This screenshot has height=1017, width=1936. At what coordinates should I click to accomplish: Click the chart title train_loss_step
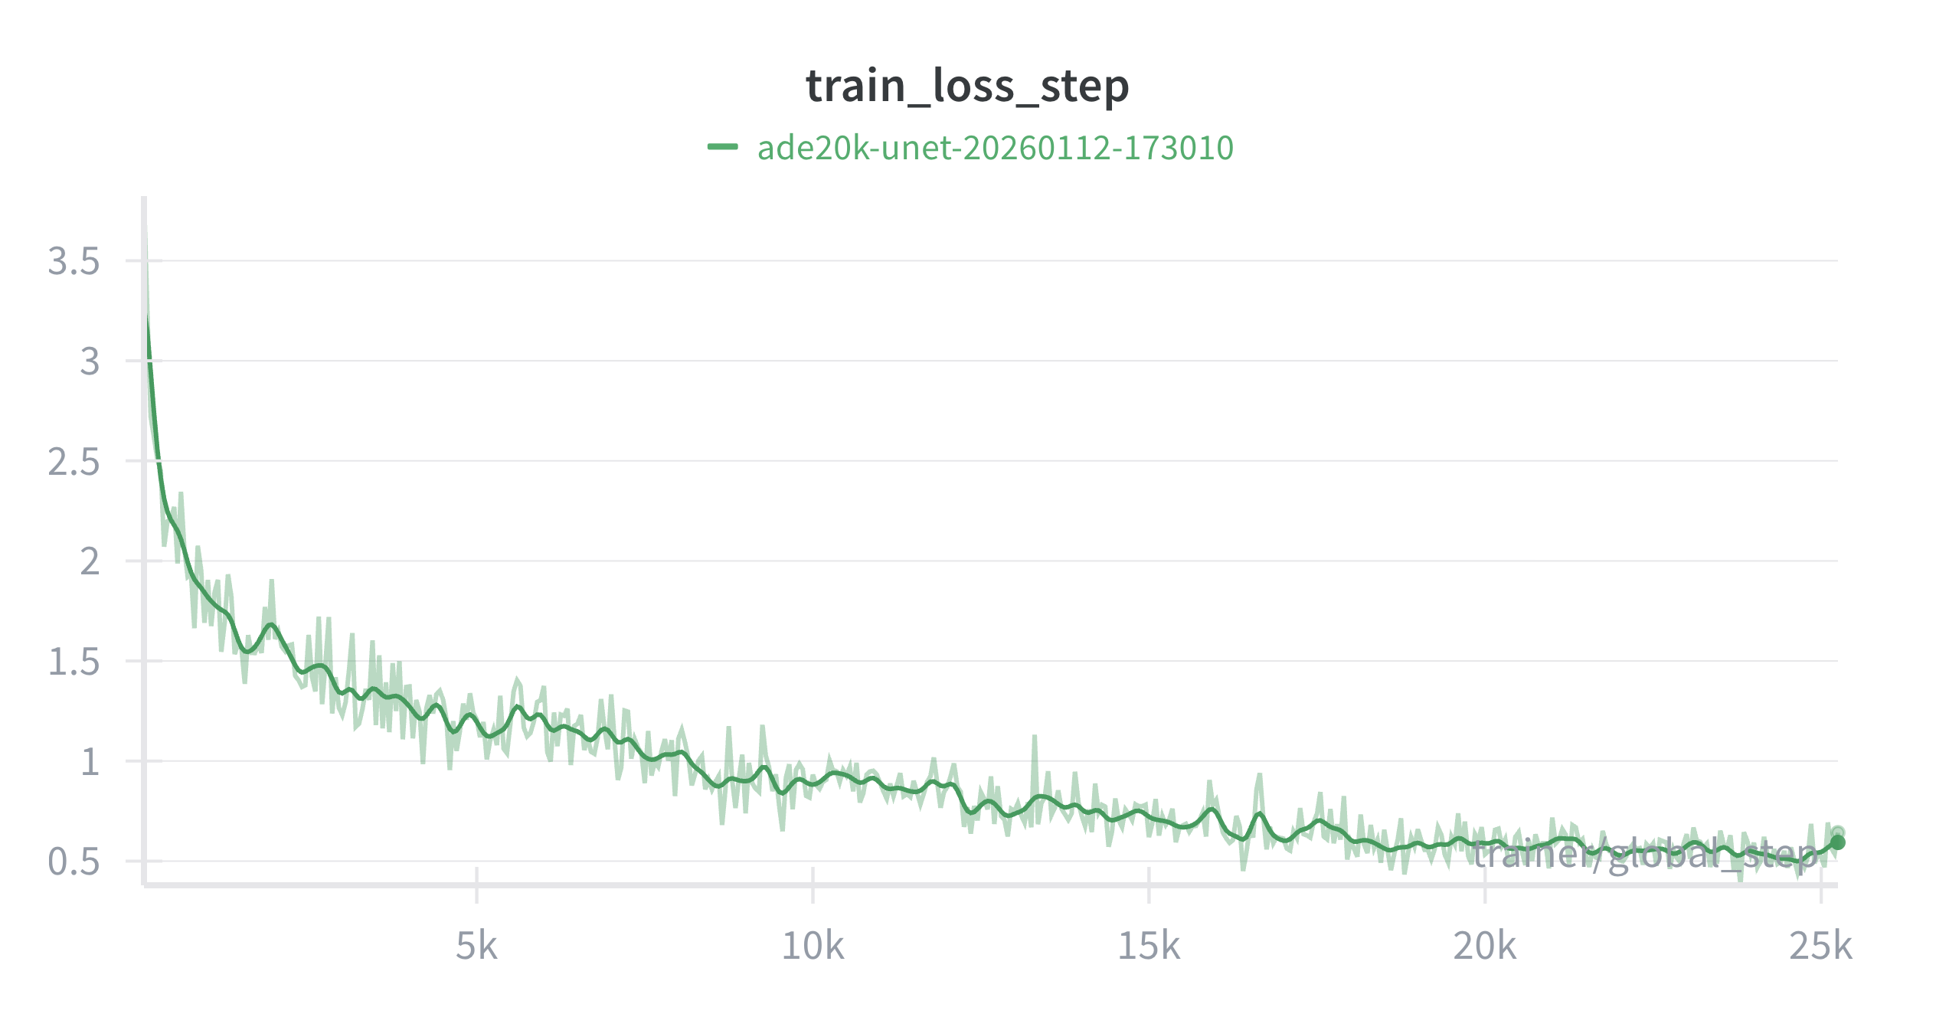tap(967, 86)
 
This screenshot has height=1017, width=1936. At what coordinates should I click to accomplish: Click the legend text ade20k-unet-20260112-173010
tap(995, 148)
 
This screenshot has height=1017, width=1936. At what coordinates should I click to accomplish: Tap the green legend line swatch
tap(722, 147)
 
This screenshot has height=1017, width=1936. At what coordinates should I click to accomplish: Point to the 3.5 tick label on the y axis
tap(74, 261)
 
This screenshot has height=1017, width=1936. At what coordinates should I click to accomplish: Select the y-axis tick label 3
tap(90, 361)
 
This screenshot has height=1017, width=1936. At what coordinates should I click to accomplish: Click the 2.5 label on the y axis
tap(74, 462)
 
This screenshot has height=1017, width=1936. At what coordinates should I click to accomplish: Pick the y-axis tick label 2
tap(90, 562)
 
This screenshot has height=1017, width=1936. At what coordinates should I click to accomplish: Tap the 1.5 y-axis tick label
tap(74, 662)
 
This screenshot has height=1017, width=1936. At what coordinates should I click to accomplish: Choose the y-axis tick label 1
tap(90, 762)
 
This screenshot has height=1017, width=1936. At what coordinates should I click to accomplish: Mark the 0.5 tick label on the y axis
tap(74, 862)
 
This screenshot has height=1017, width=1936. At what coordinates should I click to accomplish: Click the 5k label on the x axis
tap(476, 947)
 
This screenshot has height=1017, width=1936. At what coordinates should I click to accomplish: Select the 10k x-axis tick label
tap(813, 947)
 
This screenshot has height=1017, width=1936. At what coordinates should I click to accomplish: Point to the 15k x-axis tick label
tap(1149, 947)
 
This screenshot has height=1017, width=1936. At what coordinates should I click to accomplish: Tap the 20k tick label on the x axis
tap(1484, 947)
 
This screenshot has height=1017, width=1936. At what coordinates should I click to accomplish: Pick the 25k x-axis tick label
tap(1820, 947)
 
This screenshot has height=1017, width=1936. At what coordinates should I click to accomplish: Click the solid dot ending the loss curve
tap(1837, 842)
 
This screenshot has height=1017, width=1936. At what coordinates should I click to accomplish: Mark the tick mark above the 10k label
tap(813, 885)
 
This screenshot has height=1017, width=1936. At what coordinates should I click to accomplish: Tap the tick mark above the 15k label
tap(1149, 885)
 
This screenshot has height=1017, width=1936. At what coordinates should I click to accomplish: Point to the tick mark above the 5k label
tap(476, 885)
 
